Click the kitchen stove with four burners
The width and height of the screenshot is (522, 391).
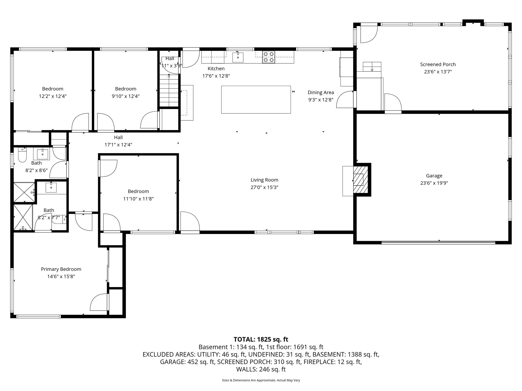[x=269, y=57]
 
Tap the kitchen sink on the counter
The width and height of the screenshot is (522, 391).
[x=238, y=57]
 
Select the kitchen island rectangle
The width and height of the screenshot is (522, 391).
[x=256, y=100]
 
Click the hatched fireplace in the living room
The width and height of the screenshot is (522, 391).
[x=360, y=180]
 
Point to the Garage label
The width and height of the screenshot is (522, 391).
[x=434, y=176]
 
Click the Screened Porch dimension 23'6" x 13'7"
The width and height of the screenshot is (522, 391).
[x=438, y=72]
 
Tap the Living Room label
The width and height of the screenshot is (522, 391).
[x=264, y=180]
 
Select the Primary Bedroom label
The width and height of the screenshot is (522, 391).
[x=61, y=269]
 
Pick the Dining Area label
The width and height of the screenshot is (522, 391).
[x=321, y=92]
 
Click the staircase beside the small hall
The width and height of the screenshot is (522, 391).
[x=169, y=91]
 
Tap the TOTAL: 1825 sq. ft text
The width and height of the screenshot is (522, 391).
[x=261, y=339]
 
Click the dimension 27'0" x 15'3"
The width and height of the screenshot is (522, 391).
[x=264, y=187]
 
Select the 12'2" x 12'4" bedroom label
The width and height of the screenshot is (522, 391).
[x=53, y=89]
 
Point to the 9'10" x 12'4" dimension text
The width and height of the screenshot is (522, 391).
[x=126, y=96]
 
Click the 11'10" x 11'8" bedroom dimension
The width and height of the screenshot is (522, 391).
[x=138, y=199]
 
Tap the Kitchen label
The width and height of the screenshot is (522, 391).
[x=216, y=68]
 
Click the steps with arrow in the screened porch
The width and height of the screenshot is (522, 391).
[x=372, y=67]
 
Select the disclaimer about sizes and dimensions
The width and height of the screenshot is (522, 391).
[x=261, y=380]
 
